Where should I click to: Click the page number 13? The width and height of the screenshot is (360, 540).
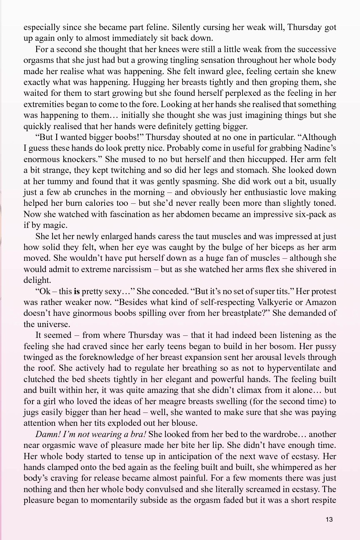330,519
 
